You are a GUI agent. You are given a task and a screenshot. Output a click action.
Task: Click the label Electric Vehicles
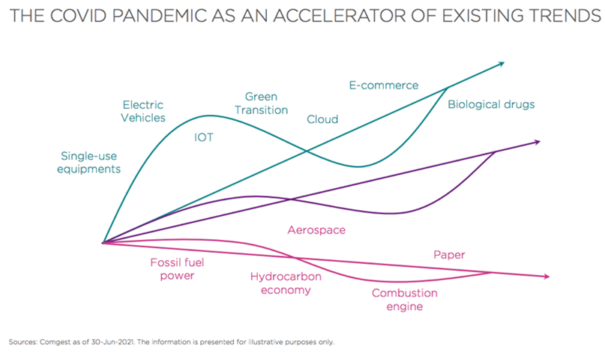(143, 111)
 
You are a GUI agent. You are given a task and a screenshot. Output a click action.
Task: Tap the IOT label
(203, 137)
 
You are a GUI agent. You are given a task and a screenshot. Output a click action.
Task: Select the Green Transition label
(261, 103)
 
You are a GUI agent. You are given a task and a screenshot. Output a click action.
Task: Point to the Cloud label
(322, 119)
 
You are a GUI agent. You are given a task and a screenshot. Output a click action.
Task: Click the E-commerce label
(384, 85)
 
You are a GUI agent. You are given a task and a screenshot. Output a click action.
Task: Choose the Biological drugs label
(491, 104)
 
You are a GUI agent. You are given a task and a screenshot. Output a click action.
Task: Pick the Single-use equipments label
(90, 163)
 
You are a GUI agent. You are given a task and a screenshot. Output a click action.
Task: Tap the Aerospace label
(316, 230)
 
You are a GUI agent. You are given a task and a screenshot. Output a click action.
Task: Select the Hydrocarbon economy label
(286, 283)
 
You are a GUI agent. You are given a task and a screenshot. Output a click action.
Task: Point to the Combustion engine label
(405, 300)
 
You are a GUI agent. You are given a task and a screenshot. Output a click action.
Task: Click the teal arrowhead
(501, 64)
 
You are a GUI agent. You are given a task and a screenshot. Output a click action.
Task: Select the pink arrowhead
(545, 277)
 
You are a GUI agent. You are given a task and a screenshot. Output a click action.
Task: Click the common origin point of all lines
(103, 242)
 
